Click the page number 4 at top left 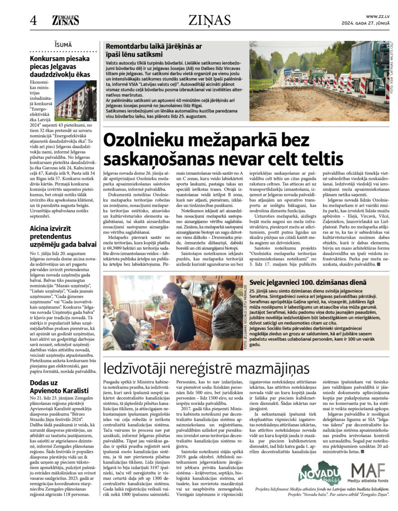click(x=33, y=20)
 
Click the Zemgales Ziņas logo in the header click(x=65, y=20)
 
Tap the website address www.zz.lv click(x=378, y=16)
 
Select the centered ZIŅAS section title click(x=210, y=20)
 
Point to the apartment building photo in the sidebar click(x=75, y=101)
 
